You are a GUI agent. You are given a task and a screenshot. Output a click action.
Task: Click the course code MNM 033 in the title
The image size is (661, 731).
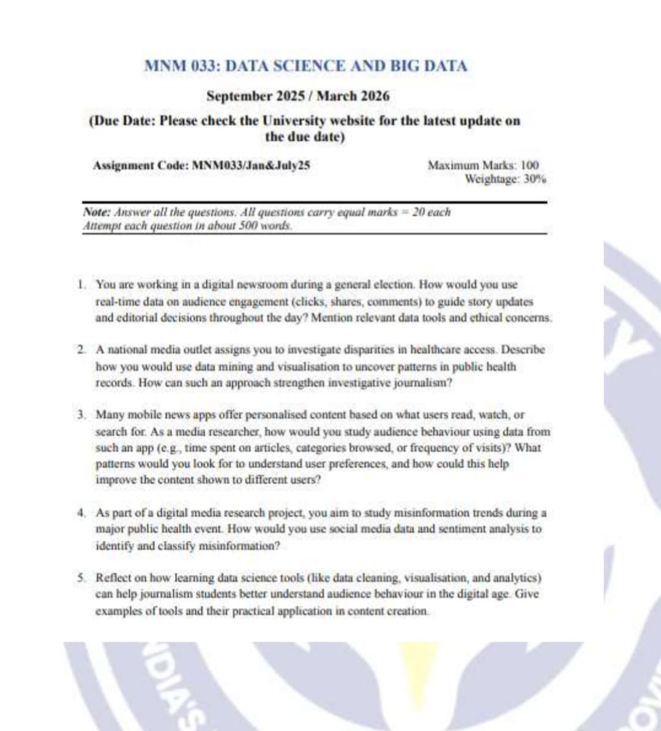[x=181, y=66]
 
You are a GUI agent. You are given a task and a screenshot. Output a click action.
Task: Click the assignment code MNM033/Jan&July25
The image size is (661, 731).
[x=251, y=165]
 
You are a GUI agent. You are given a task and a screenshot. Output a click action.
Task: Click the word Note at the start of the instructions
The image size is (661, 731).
[x=96, y=212]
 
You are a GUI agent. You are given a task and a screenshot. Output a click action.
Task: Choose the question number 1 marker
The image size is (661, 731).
[x=81, y=285]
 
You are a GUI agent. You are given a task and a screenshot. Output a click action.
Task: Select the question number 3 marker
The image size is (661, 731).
[x=81, y=415]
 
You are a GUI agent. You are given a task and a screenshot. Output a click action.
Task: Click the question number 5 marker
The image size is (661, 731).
[x=81, y=578]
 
